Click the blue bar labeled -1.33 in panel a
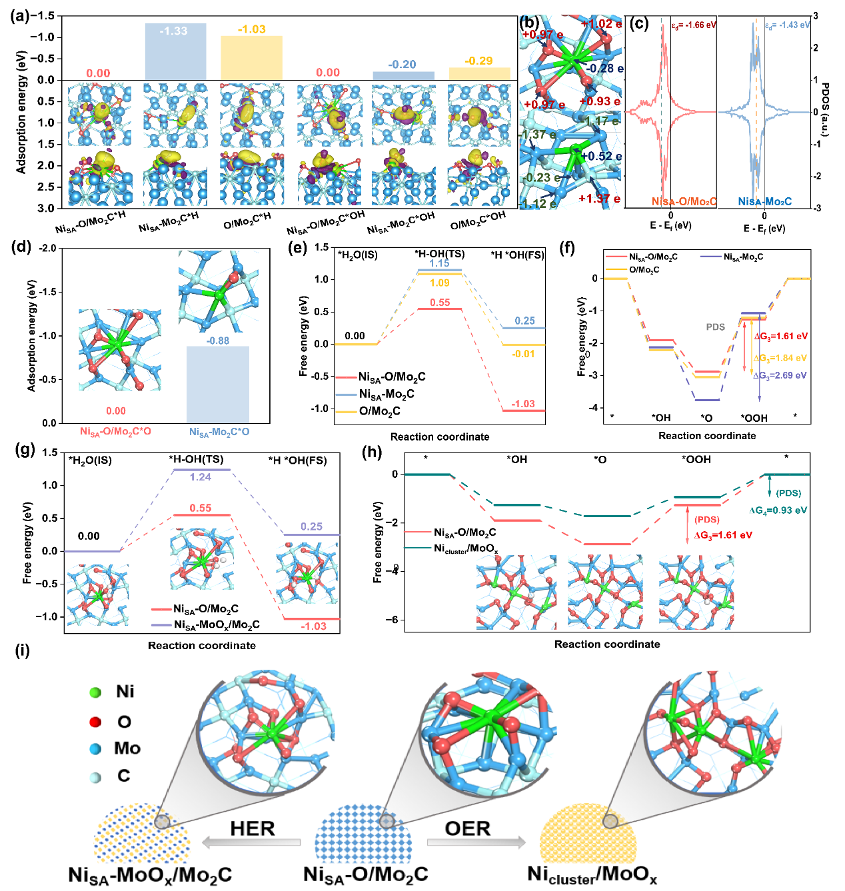(175, 53)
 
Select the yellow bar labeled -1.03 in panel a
(251, 59)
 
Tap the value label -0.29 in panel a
(478, 61)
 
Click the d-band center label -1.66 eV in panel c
(693, 25)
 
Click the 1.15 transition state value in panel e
(439, 264)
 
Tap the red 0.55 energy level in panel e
(439, 309)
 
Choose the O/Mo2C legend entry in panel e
(379, 411)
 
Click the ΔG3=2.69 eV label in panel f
(780, 376)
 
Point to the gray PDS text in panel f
(716, 327)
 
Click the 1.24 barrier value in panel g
(200, 477)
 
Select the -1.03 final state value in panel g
(313, 626)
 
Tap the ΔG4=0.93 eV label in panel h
(778, 510)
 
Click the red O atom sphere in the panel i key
(95, 722)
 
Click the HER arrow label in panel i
(253, 828)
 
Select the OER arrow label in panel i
(468, 828)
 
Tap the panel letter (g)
(25, 450)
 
